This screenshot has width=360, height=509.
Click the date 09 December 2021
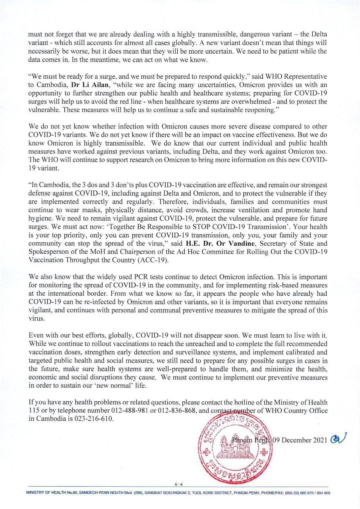point(300,440)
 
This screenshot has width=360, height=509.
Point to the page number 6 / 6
point(178,484)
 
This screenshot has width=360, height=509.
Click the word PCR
point(148,277)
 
